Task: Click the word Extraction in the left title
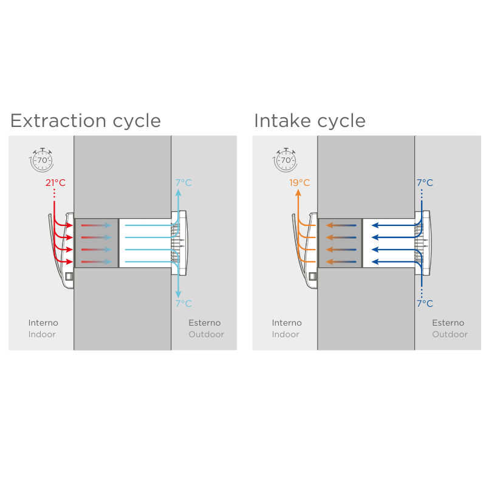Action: [58, 120]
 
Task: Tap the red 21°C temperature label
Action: [55, 183]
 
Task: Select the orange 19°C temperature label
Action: [299, 183]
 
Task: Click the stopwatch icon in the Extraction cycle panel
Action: [42, 160]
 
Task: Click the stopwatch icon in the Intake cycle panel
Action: [285, 160]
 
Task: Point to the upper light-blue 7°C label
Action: [183, 183]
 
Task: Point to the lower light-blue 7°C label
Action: [183, 303]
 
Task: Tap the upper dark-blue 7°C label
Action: [425, 183]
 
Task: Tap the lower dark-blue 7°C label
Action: [425, 303]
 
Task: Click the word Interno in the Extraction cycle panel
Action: [43, 323]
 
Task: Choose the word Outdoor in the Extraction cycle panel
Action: [206, 335]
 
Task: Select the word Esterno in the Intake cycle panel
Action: [448, 323]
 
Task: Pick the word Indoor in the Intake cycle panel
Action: [286, 335]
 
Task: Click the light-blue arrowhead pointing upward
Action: [178, 193]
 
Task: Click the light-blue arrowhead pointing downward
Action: [178, 294]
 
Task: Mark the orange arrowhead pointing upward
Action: [298, 193]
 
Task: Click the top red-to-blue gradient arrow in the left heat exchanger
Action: [96, 225]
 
